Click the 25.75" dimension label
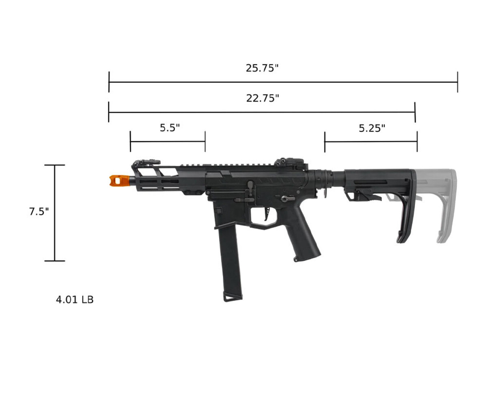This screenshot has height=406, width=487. click(262, 68)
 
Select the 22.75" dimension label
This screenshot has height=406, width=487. click(263, 98)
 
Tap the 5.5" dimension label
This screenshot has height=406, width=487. click(170, 128)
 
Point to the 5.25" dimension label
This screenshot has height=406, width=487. click(372, 128)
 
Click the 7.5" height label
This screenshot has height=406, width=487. click(39, 212)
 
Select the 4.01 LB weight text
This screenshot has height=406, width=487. click(75, 300)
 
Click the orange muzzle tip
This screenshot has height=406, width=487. click(119, 181)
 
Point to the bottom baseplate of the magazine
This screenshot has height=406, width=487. click(233, 297)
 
